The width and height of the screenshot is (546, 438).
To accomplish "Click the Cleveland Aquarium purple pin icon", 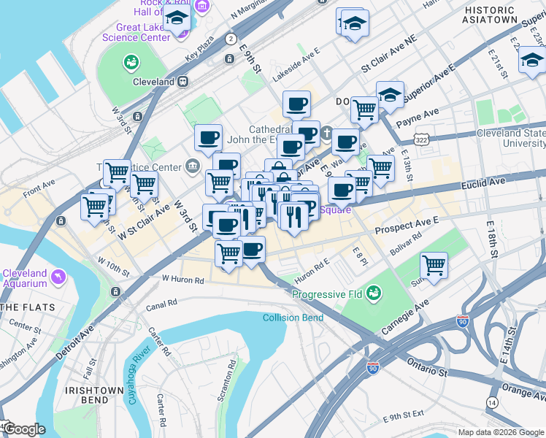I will coord(58,276).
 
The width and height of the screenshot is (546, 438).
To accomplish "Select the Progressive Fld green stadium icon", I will coord(374,293).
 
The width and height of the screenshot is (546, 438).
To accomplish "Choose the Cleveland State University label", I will coord(511,139).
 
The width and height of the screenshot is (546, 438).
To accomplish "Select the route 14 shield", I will coord(493,403).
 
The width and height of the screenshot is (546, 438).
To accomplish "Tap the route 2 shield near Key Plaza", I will coord(231,39).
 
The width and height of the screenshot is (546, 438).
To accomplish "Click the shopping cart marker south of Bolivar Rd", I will coord(434,265).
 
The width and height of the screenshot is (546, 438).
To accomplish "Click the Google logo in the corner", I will coord(23,429).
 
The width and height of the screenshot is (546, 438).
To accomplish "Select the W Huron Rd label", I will coord(182,279).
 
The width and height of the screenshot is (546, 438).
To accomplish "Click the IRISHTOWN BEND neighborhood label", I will coord(94,396).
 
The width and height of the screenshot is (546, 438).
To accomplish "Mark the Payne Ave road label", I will coord(420,113).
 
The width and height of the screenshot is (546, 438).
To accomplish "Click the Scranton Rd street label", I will coord(231,375).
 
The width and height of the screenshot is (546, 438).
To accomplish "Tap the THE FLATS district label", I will coord(21,307).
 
